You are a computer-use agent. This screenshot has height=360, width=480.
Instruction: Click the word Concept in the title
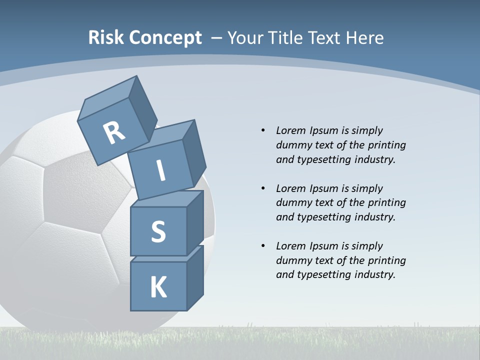(x=165, y=38)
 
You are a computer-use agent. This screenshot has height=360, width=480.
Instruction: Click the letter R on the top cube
(x=114, y=132)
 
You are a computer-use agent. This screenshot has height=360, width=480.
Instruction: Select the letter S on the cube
(x=158, y=231)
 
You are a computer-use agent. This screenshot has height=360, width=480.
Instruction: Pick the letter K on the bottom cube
(x=158, y=287)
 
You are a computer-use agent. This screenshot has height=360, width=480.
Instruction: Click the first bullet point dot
(x=263, y=130)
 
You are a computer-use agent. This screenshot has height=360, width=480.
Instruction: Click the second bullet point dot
(x=263, y=188)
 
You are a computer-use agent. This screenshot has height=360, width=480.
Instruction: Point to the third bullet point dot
(x=263, y=246)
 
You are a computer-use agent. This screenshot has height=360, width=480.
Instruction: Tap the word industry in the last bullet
(x=374, y=274)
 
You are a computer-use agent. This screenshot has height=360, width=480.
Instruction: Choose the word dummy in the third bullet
(x=292, y=260)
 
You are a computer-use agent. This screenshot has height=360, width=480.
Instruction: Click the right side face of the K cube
(x=195, y=277)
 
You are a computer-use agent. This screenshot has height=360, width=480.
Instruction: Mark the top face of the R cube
(x=107, y=98)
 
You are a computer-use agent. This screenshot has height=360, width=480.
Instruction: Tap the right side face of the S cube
(x=195, y=222)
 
